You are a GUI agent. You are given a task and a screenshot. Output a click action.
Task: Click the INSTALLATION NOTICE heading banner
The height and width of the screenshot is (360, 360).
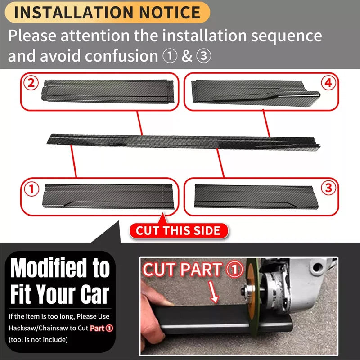[107, 12]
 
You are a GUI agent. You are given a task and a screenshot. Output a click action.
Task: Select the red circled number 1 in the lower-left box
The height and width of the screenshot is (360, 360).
[31, 189]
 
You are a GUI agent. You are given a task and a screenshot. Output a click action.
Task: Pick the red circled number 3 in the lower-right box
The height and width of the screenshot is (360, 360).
[329, 189]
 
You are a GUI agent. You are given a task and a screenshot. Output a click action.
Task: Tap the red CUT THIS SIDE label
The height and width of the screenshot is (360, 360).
[178, 231]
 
